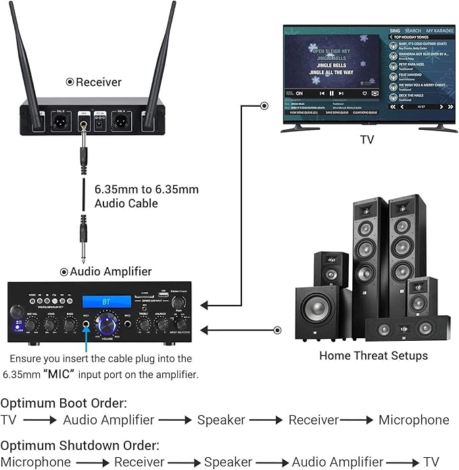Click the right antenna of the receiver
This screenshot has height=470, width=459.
click(163, 54)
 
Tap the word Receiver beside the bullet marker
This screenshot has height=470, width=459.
click(99, 82)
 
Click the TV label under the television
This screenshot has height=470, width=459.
click(367, 141)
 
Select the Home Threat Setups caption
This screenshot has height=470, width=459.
click(373, 355)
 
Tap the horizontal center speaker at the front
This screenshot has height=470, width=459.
click(406, 329)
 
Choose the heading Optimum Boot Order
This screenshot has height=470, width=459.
click(64, 404)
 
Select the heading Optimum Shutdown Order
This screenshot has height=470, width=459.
click(80, 446)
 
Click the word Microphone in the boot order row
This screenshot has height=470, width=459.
click(414, 420)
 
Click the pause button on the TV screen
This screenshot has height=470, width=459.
click(331, 93)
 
